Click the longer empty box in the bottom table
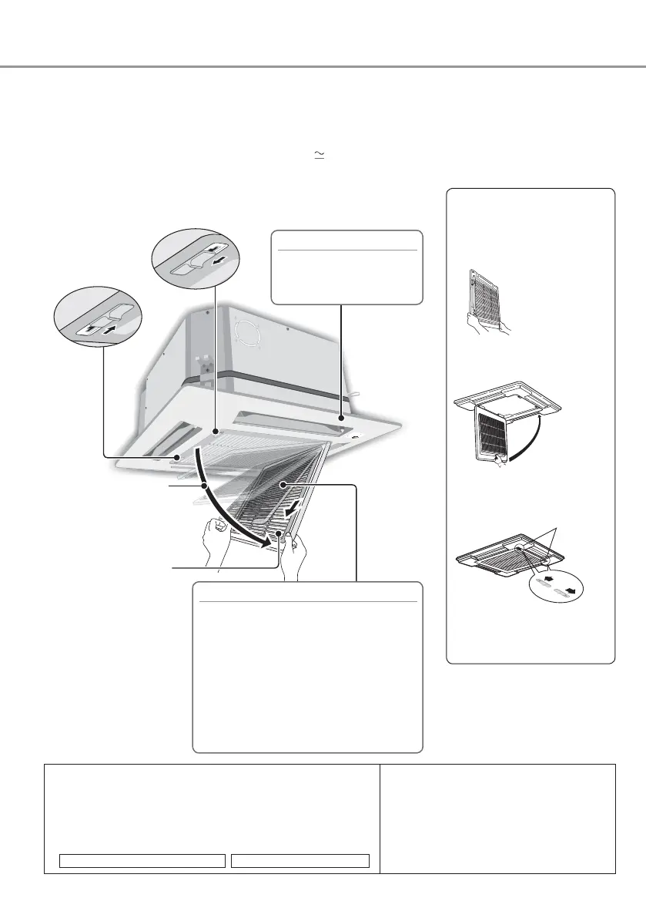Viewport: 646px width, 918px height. (x=142, y=860)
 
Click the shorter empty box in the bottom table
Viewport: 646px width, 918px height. (x=300, y=860)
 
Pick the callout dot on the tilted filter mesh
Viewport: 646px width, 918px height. (x=284, y=484)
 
